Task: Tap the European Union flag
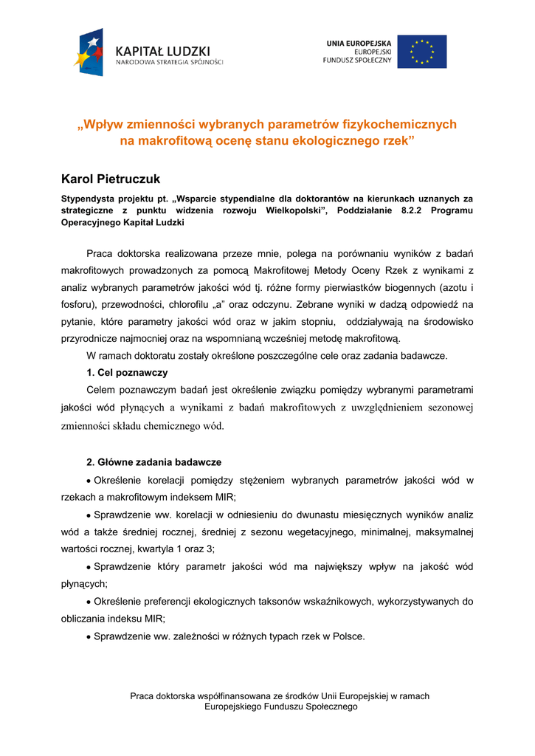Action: point(421,52)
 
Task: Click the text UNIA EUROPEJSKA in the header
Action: point(359,44)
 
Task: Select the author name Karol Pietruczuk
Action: point(110,179)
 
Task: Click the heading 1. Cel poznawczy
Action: point(127,372)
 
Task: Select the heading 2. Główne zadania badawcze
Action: point(153,462)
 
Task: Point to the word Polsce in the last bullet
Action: point(348,636)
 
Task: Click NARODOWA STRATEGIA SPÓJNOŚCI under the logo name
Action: point(169,63)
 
